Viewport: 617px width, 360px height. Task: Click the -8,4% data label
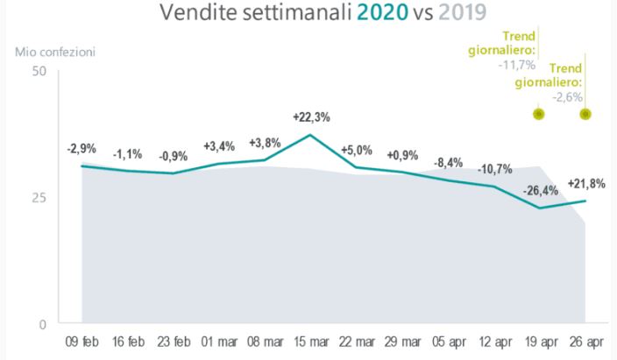[x=449, y=162]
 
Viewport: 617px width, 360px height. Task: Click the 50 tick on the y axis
[x=39, y=70]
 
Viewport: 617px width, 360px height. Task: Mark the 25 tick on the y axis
[x=39, y=197]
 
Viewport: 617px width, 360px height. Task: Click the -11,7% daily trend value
[x=522, y=62]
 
